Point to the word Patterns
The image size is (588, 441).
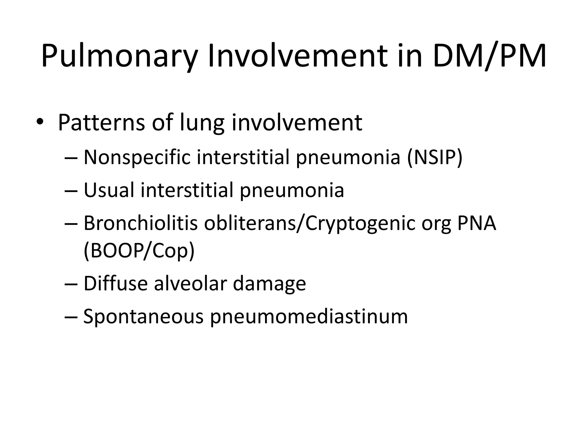click(101, 123)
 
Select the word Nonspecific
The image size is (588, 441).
click(137, 157)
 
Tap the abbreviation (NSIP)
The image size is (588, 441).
click(435, 157)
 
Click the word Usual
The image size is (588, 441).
click(109, 190)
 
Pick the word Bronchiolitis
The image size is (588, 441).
click(141, 223)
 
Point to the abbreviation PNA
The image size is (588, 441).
click(477, 223)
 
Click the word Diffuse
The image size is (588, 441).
click(115, 283)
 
